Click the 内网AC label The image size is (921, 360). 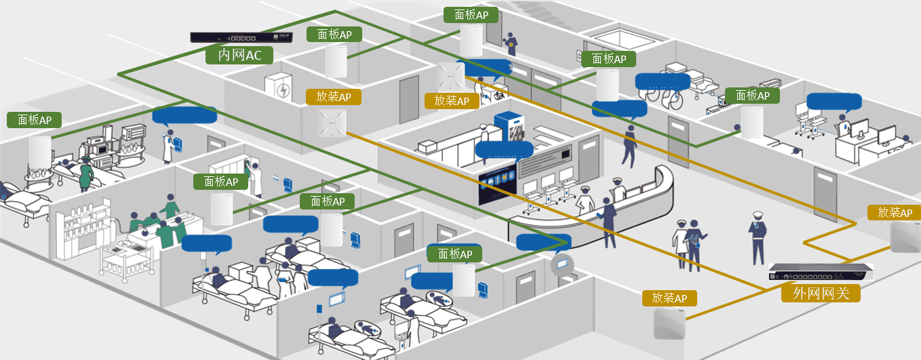click(239, 55)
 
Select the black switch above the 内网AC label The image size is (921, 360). click(243, 38)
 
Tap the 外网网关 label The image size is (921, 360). click(820, 293)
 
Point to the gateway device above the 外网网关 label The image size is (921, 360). click(821, 274)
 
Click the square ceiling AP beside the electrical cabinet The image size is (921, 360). click(332, 123)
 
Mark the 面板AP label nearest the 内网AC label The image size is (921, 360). click(334, 35)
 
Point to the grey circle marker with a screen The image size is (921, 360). click(562, 264)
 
